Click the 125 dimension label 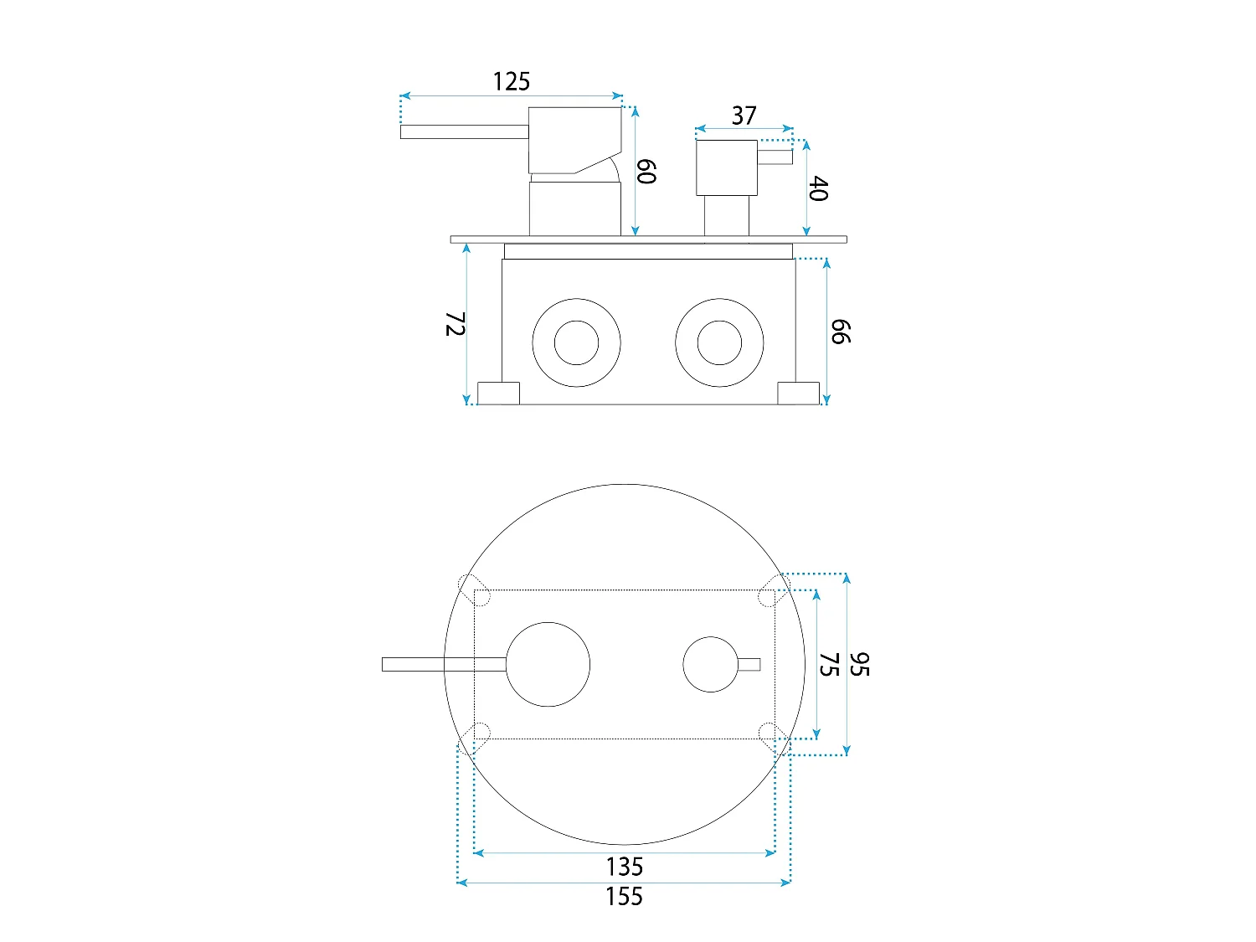(511, 82)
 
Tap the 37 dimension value (744, 116)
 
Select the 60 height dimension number (646, 172)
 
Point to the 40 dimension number (818, 188)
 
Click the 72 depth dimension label (456, 324)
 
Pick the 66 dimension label (841, 332)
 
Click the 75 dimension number (829, 665)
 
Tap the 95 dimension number (859, 665)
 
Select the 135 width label (625, 867)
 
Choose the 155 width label (625, 897)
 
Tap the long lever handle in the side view (464, 131)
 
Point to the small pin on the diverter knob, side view (775, 157)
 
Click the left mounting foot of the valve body (498, 394)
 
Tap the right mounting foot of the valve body (798, 394)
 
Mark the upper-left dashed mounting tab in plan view (475, 589)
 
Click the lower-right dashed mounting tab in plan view (775, 739)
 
